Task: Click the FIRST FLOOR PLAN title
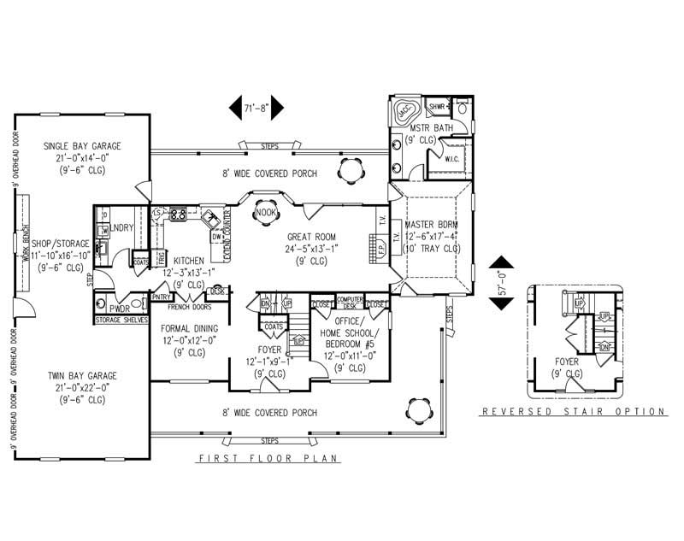269,459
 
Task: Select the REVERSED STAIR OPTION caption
574,411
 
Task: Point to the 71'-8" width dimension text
256,109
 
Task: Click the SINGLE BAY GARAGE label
83,146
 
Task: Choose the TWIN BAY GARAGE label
83,376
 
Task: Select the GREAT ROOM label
311,237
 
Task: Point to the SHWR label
439,106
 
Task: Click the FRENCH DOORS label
189,306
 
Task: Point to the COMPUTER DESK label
350,302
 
